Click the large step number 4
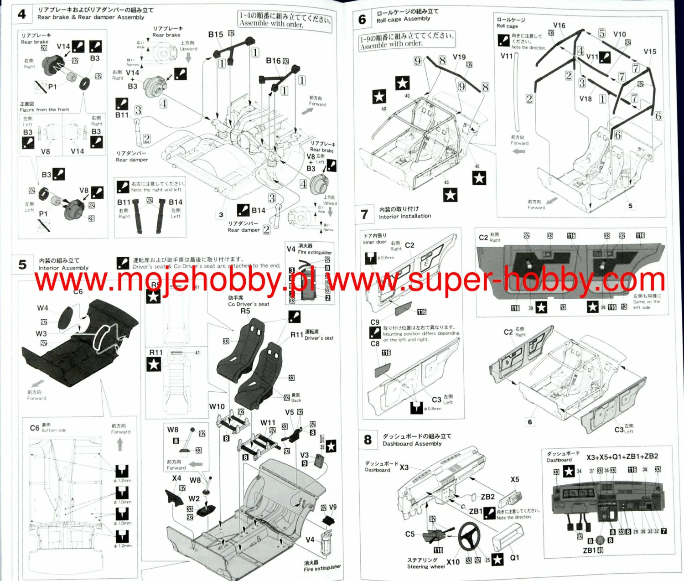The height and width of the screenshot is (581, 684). click(x=22, y=14)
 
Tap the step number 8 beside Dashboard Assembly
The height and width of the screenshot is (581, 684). click(x=368, y=440)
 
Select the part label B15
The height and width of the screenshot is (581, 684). click(x=216, y=35)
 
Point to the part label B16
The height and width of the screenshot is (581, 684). click(x=273, y=61)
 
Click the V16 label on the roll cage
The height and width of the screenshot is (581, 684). click(x=559, y=26)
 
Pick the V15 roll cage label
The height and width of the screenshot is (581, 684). click(x=650, y=52)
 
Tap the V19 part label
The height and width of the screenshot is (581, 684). click(x=459, y=57)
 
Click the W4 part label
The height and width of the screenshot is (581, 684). click(x=42, y=308)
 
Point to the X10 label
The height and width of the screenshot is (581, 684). click(x=453, y=562)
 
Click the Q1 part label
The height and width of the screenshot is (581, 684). click(x=514, y=558)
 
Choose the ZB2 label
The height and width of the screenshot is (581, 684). click(x=487, y=497)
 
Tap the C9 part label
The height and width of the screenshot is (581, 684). click(x=375, y=322)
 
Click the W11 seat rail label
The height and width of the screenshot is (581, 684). click(x=268, y=423)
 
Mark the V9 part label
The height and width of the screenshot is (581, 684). click(x=333, y=507)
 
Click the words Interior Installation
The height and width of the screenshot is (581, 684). click(x=405, y=216)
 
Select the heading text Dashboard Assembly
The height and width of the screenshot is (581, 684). click(x=412, y=443)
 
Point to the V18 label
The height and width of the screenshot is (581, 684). click(x=586, y=99)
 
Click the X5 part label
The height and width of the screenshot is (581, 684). click(x=515, y=479)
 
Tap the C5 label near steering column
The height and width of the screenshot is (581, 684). click(x=410, y=534)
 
